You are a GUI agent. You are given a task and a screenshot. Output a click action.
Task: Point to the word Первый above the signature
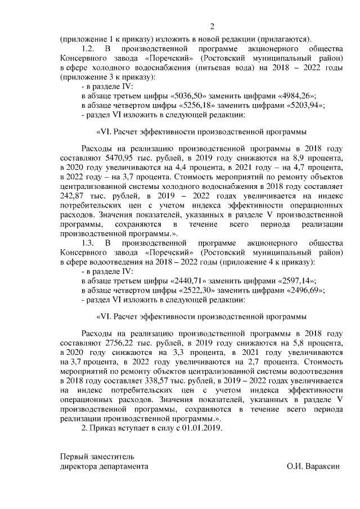pos(75,457)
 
